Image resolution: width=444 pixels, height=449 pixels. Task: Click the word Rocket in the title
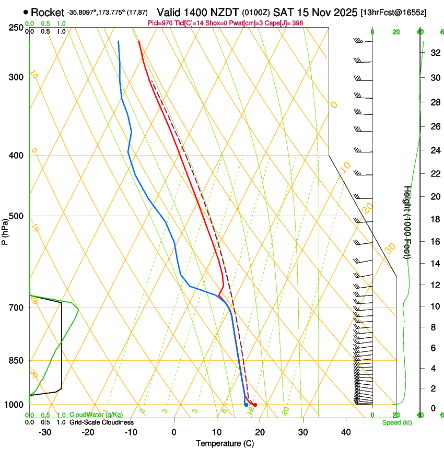(x=47, y=13)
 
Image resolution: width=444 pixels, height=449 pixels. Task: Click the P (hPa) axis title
(x=5, y=228)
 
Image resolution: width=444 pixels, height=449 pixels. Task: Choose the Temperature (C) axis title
(x=225, y=443)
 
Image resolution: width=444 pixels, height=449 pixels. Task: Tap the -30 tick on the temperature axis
(x=45, y=432)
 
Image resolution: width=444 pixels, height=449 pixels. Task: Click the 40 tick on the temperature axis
(x=345, y=432)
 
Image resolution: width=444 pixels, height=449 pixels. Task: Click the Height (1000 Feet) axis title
(x=407, y=222)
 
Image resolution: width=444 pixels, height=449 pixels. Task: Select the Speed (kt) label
(x=396, y=422)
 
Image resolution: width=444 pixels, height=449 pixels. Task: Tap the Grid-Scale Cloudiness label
(x=101, y=422)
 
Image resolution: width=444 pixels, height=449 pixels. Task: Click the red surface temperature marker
(x=255, y=405)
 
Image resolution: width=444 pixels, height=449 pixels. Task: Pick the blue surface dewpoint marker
(x=246, y=405)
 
